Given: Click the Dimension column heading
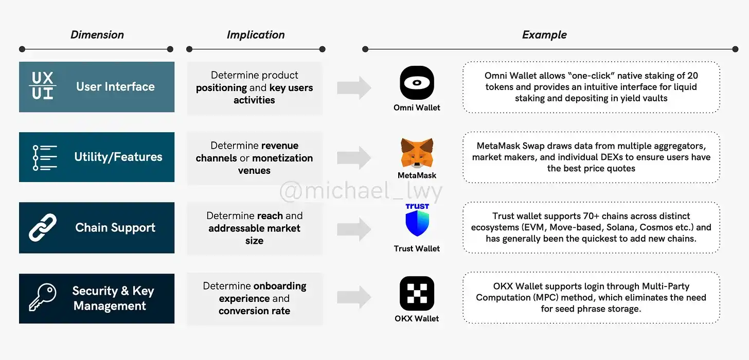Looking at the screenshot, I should [x=97, y=35].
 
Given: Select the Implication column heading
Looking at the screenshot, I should [x=256, y=35].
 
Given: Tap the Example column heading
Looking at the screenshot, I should [x=544, y=35].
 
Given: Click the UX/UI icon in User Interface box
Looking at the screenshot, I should [x=43, y=86].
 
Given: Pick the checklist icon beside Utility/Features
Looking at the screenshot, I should [x=45, y=157].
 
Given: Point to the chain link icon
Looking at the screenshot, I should [x=43, y=228].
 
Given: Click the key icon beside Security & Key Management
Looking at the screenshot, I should [x=43, y=298].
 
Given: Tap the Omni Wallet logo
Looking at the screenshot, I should [x=417, y=83].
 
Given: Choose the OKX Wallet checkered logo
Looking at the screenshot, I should [x=417, y=293].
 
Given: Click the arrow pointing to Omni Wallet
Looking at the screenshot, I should [x=354, y=87].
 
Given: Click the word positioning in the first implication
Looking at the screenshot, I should [x=221, y=88].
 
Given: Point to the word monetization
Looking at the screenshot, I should [x=282, y=158].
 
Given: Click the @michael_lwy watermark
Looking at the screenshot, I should [x=360, y=192].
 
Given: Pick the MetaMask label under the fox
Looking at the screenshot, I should [x=417, y=175].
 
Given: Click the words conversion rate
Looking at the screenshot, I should [x=254, y=311].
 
